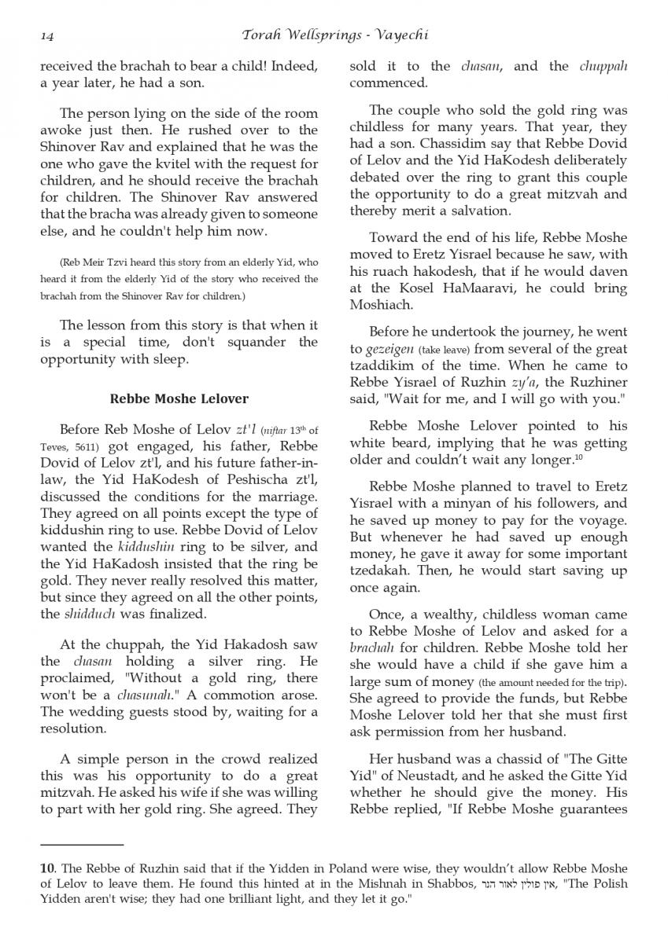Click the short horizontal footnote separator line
point(82,845)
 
